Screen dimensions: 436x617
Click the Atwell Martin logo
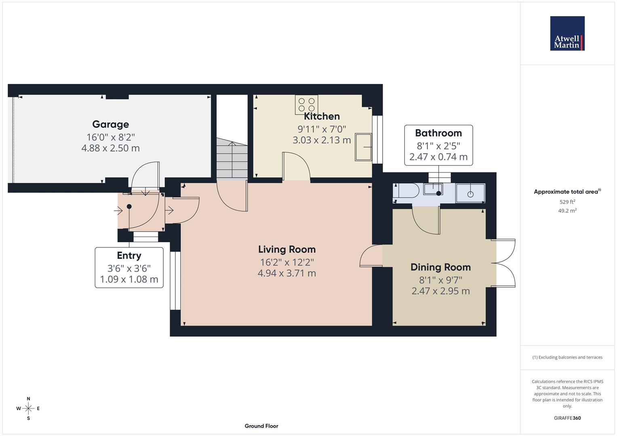[x=567, y=33]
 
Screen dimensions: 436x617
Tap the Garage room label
[x=110, y=124]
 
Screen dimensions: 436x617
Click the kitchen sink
[x=364, y=147]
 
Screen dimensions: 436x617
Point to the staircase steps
[x=232, y=159]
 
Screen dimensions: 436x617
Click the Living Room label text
[x=287, y=249]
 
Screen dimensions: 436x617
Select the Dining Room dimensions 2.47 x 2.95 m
[x=440, y=291]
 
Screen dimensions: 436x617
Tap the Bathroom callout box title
[x=438, y=133]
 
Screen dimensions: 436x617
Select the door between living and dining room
[x=370, y=256]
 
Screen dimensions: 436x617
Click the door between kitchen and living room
[x=296, y=166]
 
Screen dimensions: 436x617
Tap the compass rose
[x=28, y=409]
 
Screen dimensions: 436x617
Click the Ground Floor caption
[x=261, y=426]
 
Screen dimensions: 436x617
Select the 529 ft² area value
[x=567, y=202]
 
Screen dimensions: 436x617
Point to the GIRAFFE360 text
[x=567, y=418]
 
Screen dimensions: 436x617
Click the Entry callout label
[x=129, y=256]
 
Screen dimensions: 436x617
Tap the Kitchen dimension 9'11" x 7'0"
[x=322, y=129]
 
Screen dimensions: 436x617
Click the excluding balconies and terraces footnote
[x=567, y=357]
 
